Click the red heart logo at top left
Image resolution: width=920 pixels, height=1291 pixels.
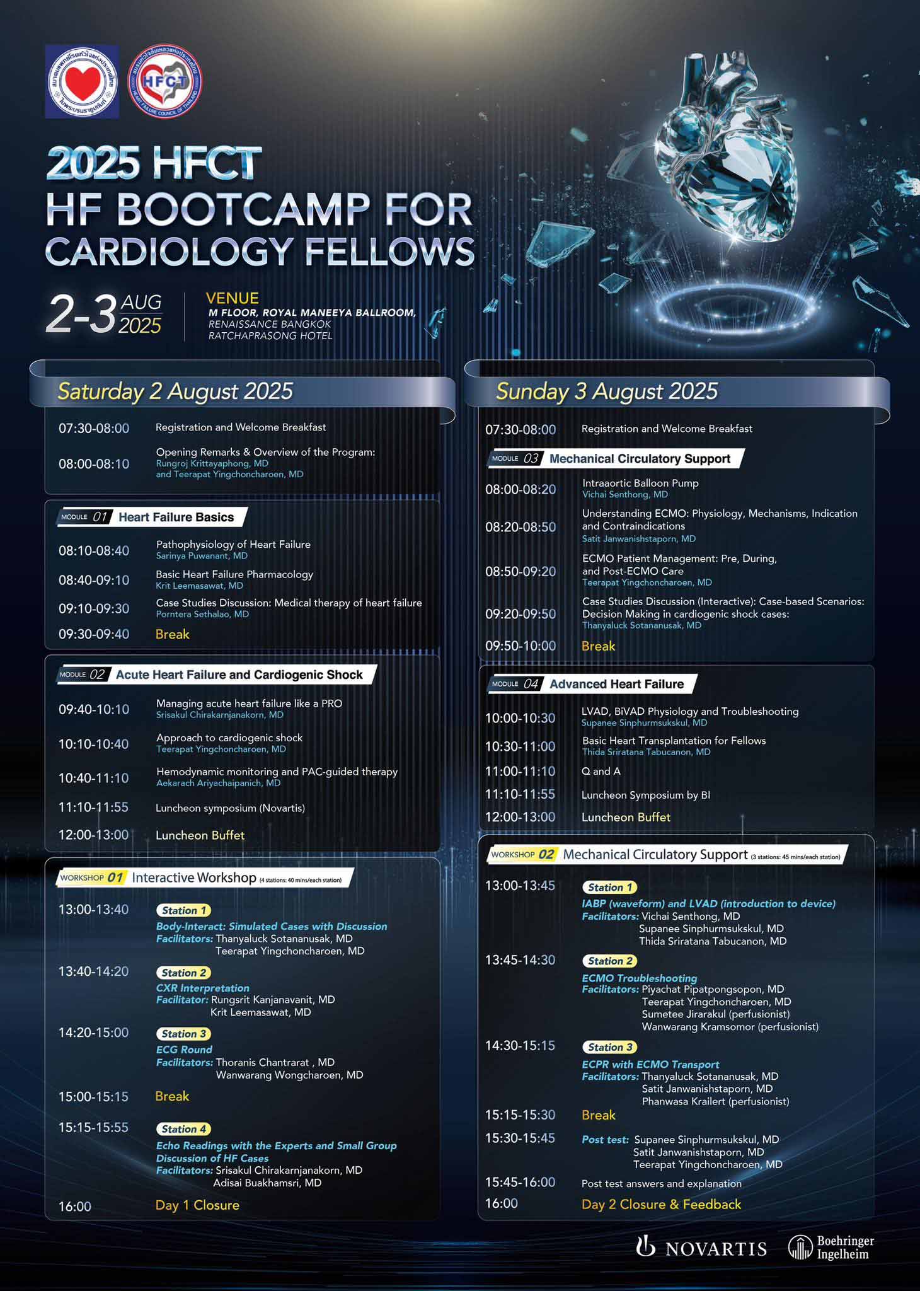(82, 82)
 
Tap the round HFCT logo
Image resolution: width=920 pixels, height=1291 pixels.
(165, 82)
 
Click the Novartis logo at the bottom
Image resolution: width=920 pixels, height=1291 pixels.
(701, 1248)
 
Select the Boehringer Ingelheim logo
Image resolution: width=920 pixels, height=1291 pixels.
(831, 1247)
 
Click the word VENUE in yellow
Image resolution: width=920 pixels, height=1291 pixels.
(233, 298)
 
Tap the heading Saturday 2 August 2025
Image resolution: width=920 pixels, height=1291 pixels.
(175, 391)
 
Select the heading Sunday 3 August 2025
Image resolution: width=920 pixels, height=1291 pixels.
(607, 391)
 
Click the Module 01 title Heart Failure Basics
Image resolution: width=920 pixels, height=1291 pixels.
(176, 518)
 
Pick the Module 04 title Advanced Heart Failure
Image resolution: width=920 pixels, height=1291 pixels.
(616, 684)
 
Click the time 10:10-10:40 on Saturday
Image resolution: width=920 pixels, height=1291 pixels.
(94, 744)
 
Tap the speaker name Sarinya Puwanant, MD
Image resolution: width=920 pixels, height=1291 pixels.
(202, 556)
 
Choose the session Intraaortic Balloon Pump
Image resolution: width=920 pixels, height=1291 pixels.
(640, 483)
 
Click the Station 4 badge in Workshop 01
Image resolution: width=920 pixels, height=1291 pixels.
(184, 1129)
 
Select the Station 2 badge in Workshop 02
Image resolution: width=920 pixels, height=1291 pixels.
(610, 961)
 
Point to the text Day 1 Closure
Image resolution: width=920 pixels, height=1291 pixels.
(197, 1205)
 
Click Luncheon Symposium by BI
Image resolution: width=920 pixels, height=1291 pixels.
(646, 796)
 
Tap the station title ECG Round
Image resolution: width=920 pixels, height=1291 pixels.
(184, 1050)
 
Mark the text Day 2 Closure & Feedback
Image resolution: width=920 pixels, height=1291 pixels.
(662, 1205)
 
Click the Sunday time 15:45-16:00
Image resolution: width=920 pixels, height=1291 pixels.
(520, 1183)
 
